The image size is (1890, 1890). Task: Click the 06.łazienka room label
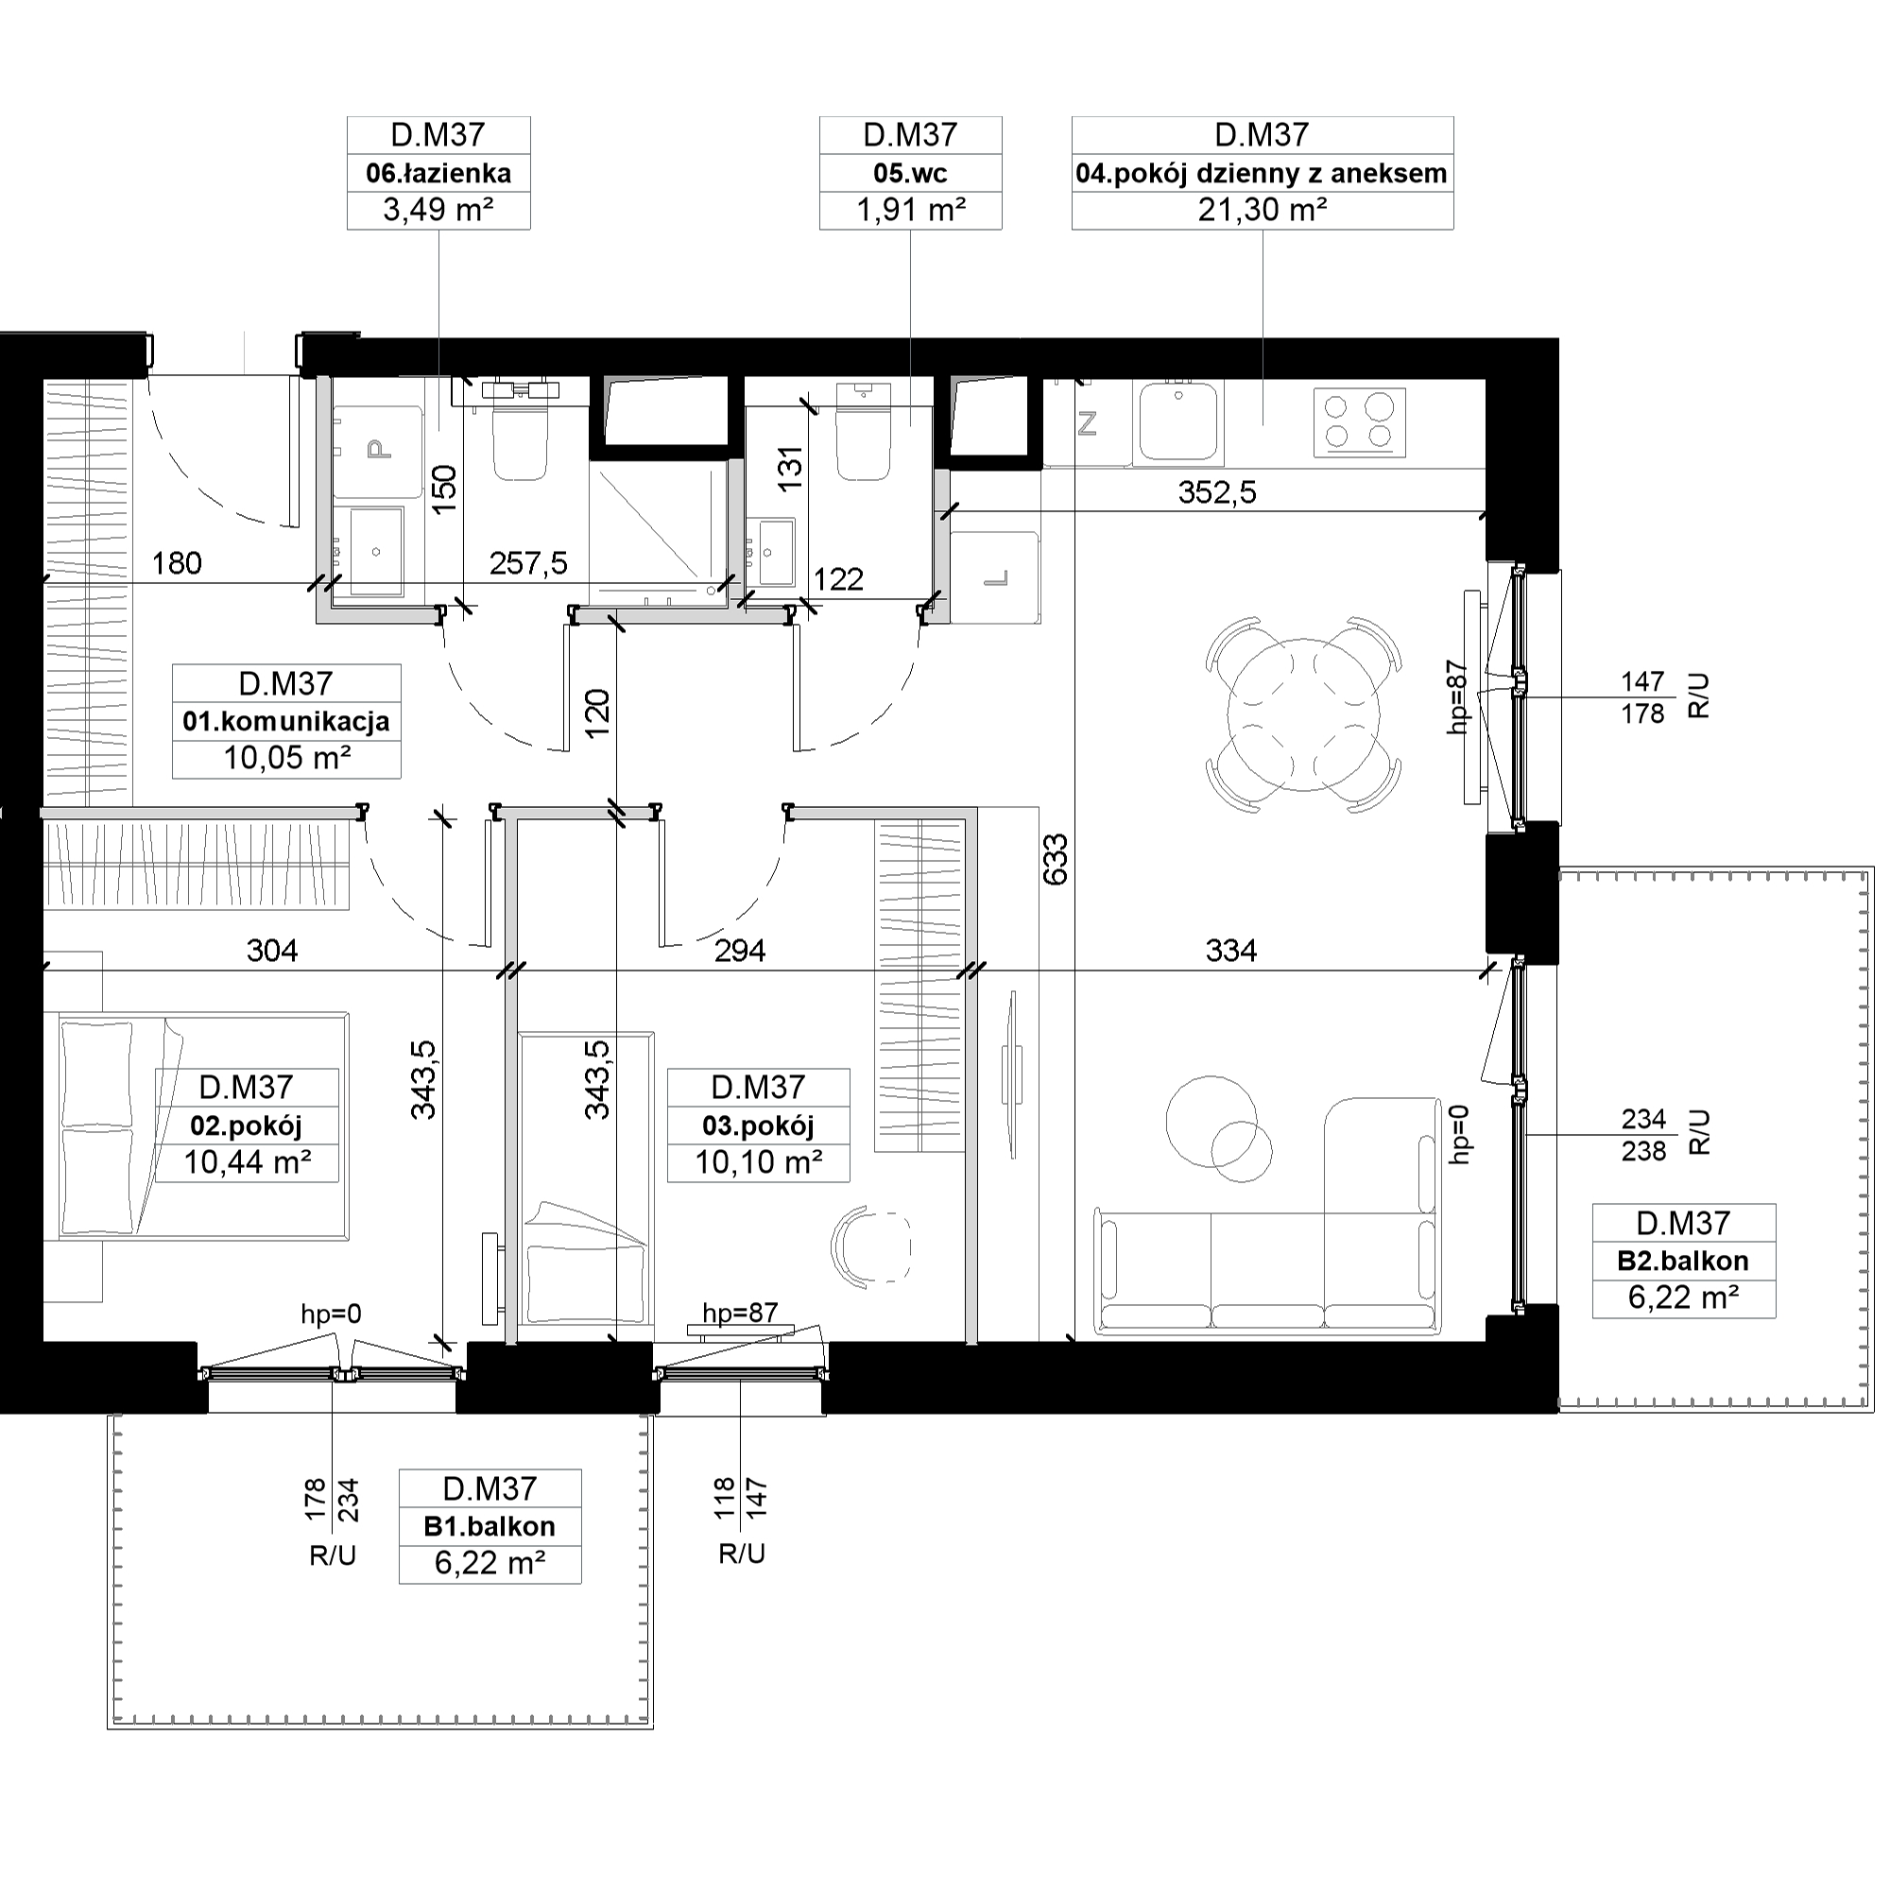coord(438,174)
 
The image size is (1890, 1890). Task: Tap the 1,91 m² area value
coord(911,211)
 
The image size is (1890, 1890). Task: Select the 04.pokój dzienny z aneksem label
coord(1261,174)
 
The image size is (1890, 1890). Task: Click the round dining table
coord(1303,715)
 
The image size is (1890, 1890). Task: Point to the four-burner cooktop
coord(1359,421)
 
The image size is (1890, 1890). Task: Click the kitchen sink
coord(1177,421)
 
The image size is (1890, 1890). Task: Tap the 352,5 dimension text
coord(1216,492)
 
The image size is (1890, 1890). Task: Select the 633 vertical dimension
coord(1056,859)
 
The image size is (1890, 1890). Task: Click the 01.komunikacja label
coord(285,722)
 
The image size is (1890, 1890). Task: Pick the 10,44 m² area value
coord(248,1162)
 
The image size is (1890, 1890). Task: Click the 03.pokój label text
coord(758,1126)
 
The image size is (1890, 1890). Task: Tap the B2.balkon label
coord(1683,1261)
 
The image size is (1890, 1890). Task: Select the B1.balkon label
coord(490,1526)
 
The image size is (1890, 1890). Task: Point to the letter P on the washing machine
coord(378,449)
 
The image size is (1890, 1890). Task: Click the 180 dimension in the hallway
coord(177,563)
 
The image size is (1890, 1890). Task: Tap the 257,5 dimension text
coord(528,563)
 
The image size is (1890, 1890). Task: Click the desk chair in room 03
coord(870,1246)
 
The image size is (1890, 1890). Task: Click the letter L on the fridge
coord(995,579)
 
